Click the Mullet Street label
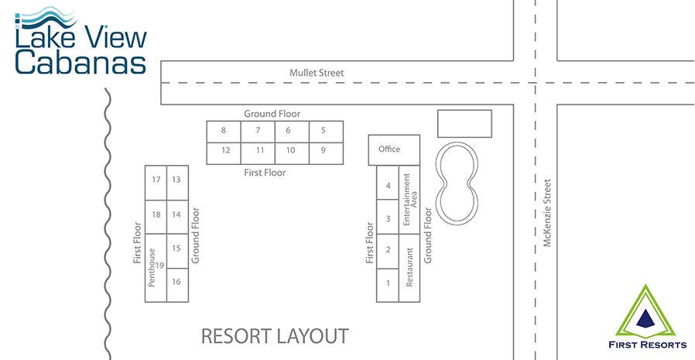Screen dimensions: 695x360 (x=317, y=73)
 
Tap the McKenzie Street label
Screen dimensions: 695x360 (x=547, y=213)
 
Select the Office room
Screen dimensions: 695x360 (x=394, y=150)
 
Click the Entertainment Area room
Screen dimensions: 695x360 (x=409, y=200)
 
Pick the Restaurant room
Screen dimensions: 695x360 (x=409, y=268)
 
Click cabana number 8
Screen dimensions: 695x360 (x=224, y=132)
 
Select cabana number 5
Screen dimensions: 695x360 (x=327, y=132)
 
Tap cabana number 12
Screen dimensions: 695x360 (x=224, y=153)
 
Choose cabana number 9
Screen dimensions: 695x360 (x=327, y=153)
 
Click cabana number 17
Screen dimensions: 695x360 (x=156, y=183)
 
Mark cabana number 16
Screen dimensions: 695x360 (x=177, y=285)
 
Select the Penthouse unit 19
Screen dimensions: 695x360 (x=156, y=268)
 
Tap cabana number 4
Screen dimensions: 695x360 (x=388, y=183)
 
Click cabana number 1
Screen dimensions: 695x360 (x=388, y=285)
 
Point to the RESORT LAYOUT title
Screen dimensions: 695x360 (x=275, y=337)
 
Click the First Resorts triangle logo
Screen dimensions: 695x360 (x=645, y=312)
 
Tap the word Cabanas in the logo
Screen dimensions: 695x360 (x=80, y=63)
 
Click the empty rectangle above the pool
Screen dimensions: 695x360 (x=464, y=124)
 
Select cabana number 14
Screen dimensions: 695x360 (x=177, y=217)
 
